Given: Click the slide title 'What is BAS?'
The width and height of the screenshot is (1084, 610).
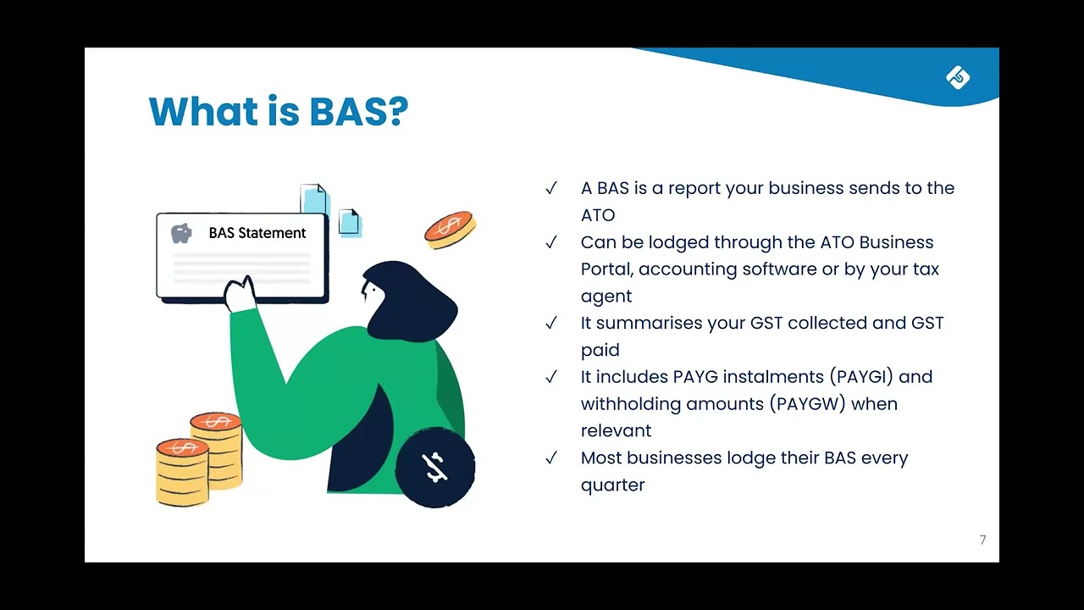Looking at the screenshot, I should tap(278, 111).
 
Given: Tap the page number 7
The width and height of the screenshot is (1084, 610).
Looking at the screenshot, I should tap(982, 541).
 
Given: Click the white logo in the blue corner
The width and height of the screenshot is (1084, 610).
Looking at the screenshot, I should tap(958, 78).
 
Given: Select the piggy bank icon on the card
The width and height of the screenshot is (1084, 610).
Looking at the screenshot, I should tap(181, 233).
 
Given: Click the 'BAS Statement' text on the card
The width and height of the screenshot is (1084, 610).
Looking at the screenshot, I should tap(257, 233).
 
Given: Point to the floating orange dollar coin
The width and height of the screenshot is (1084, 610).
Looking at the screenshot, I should tap(450, 229).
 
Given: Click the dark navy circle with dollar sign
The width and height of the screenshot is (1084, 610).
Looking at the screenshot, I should tap(435, 467).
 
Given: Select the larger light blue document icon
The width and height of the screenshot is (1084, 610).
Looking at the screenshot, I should tap(314, 200).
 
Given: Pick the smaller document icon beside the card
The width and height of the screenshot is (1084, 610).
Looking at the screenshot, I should tap(349, 222).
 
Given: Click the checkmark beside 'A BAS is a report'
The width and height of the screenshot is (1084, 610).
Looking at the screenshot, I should tap(551, 188).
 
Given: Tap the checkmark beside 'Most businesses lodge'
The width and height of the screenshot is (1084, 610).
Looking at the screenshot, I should tap(551, 458).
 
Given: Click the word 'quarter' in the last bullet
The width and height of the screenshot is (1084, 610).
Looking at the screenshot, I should tap(612, 485).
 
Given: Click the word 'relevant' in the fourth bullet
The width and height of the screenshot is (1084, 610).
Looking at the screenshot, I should tap(616, 430).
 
